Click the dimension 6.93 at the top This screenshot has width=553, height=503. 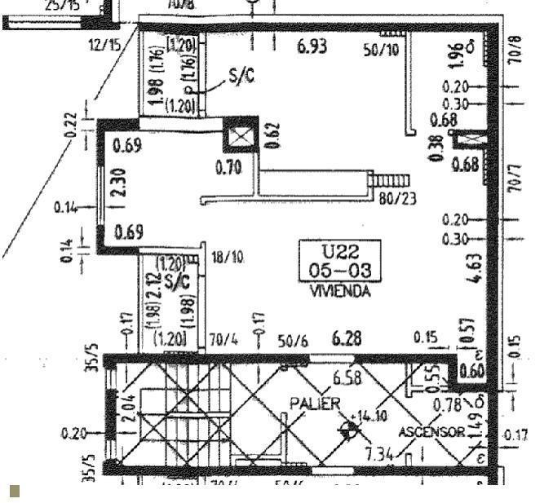coord(312,46)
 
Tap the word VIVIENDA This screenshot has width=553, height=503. coord(340,291)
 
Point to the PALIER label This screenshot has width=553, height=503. coord(315,404)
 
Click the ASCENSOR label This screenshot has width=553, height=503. coord(431,431)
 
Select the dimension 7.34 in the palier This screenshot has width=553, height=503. coord(379,453)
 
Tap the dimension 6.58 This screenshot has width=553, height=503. coord(347,377)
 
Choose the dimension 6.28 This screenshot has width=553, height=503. coord(347,338)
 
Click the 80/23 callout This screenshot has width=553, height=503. coord(397,196)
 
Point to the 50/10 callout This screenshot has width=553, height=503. coord(381,50)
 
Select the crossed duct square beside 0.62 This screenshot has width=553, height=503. coord(240,135)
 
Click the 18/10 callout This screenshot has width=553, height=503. coord(228,258)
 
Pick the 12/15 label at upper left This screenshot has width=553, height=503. coord(104,45)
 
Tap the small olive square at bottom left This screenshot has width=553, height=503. coord(14,491)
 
